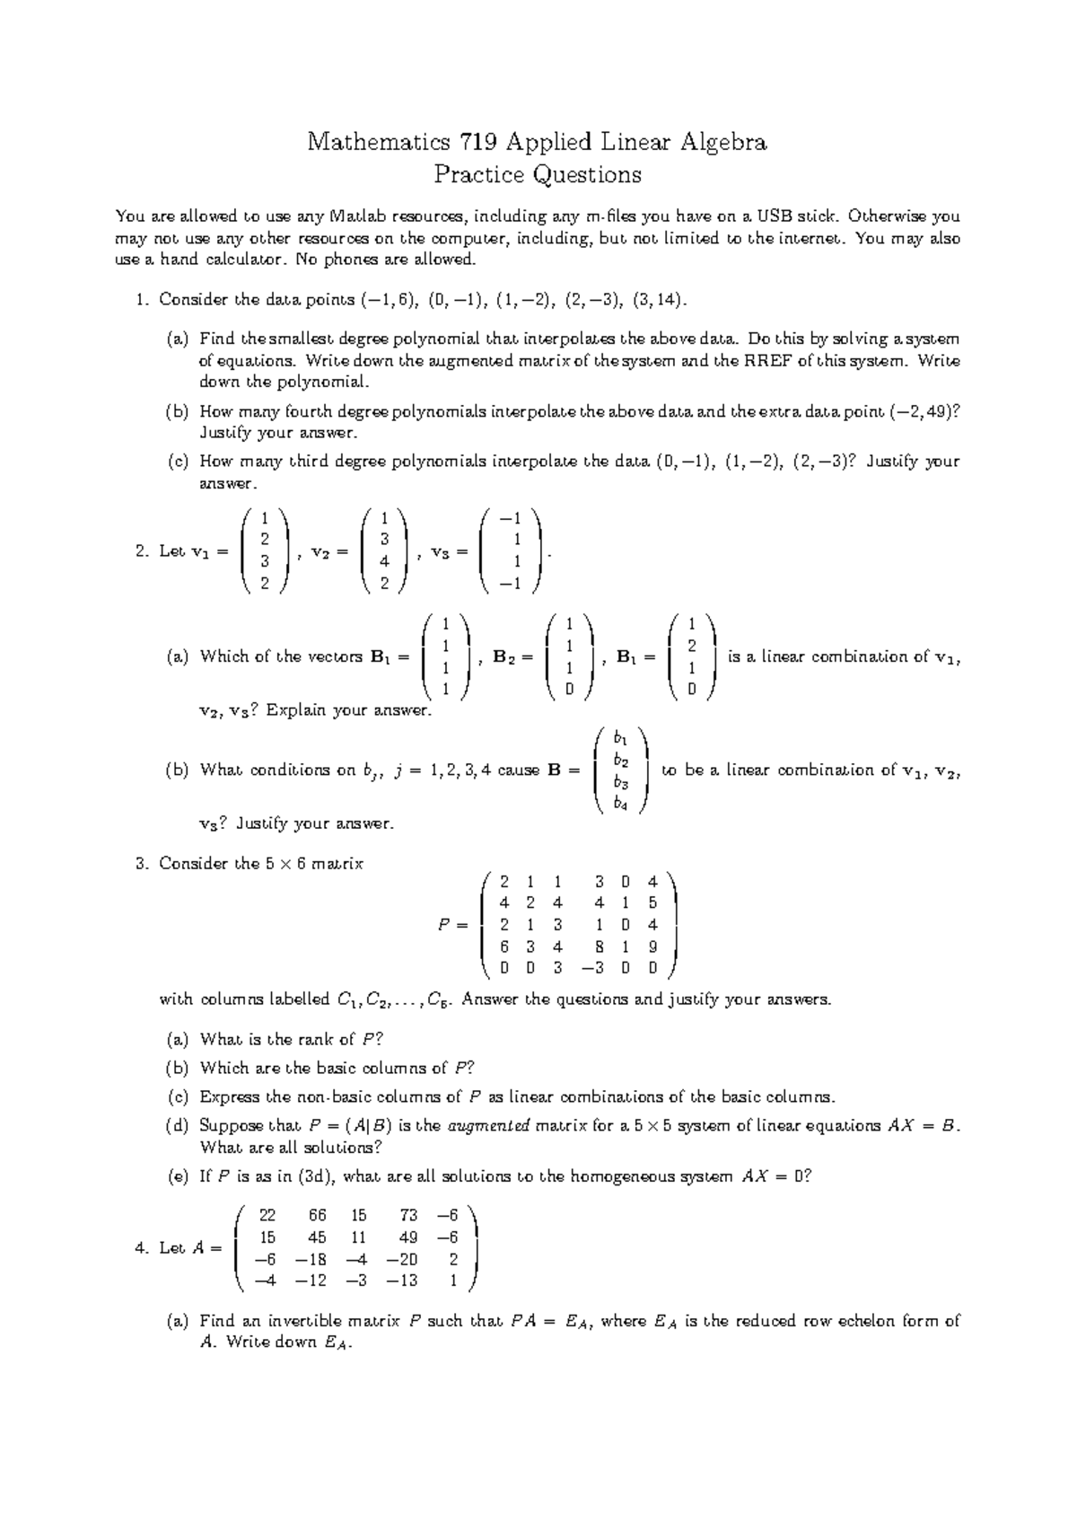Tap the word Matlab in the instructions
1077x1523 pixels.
361,216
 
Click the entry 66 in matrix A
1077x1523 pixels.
318,1215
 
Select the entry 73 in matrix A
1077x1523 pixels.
408,1215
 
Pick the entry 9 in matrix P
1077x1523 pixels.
652,946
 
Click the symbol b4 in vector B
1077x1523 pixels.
620,804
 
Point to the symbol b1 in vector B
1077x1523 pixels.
620,737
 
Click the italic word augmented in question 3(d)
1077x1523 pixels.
488,1125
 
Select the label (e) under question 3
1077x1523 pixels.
177,1176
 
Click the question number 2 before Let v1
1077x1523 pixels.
141,551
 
